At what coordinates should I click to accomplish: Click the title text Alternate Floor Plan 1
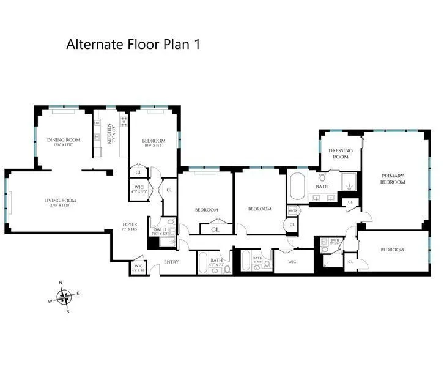(133, 45)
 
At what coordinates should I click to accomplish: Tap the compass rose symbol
(64, 297)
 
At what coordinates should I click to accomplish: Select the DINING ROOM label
(64, 140)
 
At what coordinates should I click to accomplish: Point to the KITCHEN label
(109, 132)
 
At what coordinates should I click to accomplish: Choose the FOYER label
(130, 224)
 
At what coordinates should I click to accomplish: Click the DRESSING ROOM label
(338, 154)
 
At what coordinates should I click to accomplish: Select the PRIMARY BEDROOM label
(392, 179)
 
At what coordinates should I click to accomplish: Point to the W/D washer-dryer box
(292, 211)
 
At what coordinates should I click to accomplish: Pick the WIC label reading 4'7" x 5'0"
(139, 190)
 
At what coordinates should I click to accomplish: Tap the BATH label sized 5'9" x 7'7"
(216, 262)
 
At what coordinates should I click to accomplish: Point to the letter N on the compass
(61, 283)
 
